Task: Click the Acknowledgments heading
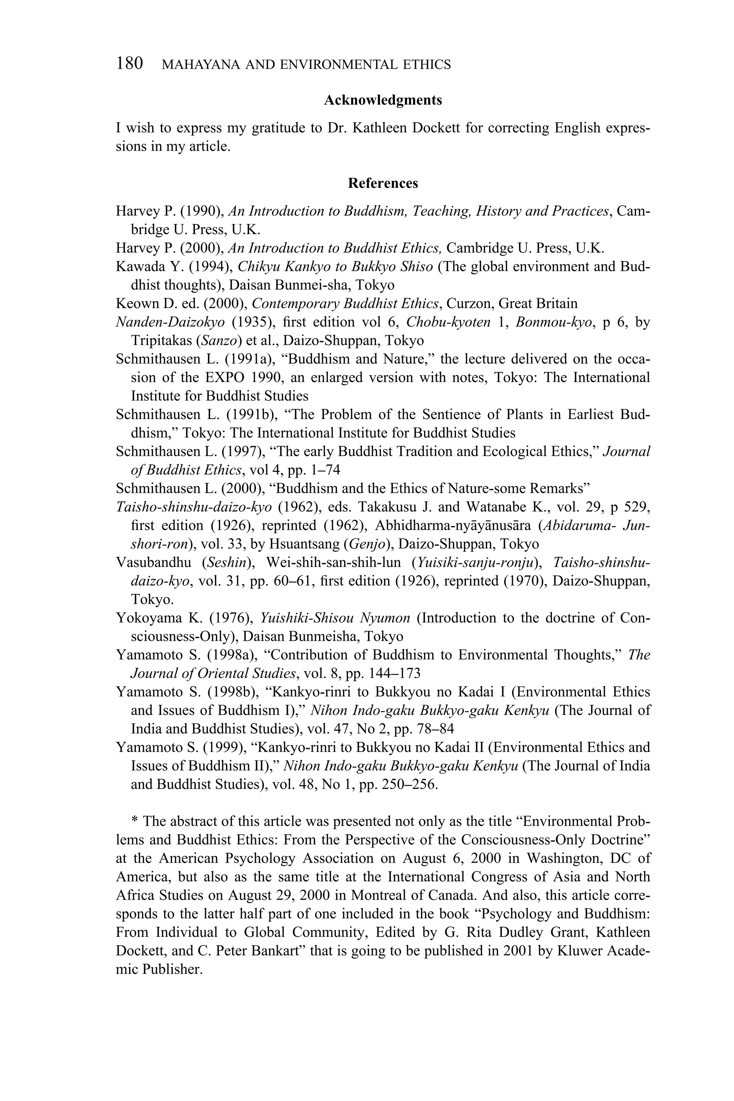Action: [382, 100]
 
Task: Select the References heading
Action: [382, 183]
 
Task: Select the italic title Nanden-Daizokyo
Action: [170, 323]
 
